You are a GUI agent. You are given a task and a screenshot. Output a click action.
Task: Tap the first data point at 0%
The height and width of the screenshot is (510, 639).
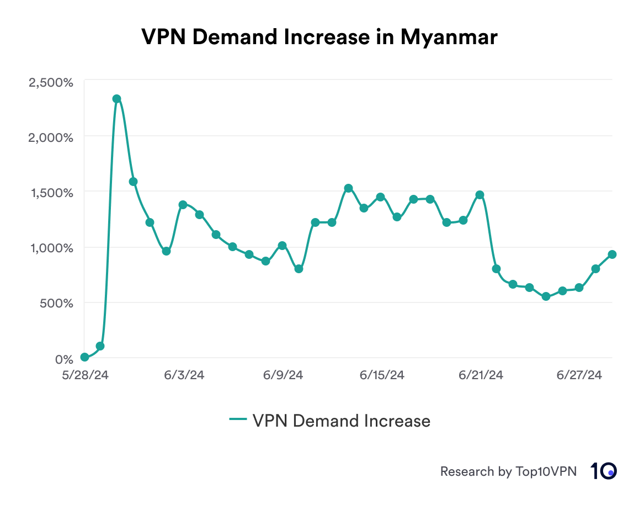tap(84, 357)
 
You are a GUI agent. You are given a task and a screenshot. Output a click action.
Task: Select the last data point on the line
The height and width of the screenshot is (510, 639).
tap(612, 254)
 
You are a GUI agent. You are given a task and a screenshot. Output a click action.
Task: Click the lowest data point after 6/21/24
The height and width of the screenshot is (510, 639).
tap(546, 296)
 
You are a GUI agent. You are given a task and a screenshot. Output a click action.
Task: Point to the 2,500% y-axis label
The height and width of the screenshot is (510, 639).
tap(51, 82)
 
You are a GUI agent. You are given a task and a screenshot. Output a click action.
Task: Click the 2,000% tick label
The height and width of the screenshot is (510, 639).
tap(51, 137)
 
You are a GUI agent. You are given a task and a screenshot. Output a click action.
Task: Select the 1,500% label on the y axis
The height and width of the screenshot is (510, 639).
tap(51, 193)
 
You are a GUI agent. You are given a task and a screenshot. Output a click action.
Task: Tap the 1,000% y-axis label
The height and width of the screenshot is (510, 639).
tap(51, 248)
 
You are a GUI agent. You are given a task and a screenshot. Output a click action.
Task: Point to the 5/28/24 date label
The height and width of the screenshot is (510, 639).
tap(84, 375)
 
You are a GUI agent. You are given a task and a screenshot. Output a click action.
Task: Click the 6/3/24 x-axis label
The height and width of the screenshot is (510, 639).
tap(184, 375)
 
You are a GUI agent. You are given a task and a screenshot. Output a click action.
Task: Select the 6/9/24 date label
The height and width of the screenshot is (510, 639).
tap(283, 375)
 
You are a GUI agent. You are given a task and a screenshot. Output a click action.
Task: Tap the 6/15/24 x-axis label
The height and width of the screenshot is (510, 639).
tap(382, 375)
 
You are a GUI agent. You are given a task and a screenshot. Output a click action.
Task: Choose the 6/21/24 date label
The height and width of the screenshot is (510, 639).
tap(481, 375)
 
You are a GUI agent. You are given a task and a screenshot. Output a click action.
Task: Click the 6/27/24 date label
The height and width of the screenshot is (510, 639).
tap(579, 375)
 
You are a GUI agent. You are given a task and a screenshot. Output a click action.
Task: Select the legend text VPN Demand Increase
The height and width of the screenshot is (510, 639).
tap(341, 421)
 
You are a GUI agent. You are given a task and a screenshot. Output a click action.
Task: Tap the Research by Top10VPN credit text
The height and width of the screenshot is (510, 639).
tap(508, 471)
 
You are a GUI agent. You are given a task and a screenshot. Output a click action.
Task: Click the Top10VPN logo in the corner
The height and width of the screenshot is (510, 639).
tap(603, 471)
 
